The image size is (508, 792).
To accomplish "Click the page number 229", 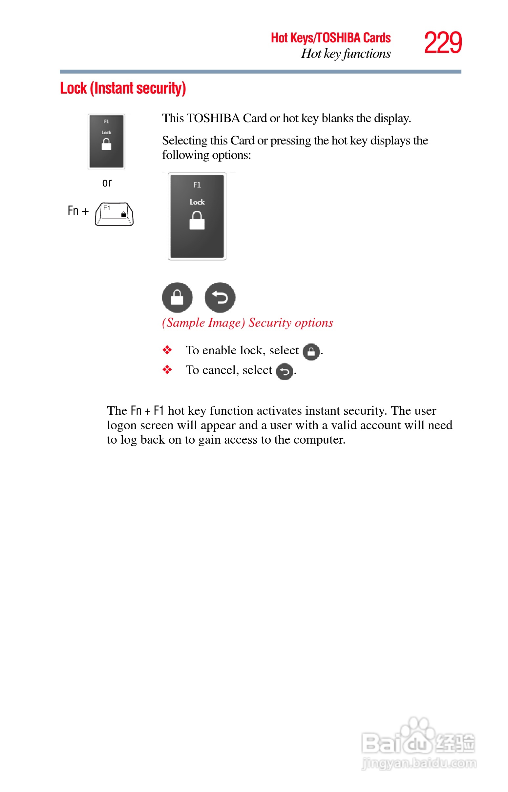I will coord(443,43).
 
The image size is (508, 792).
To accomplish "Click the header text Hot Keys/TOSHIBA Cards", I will coord(330,38).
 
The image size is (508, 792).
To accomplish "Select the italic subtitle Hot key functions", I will coord(346,54).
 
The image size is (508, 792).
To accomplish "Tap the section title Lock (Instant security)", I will coord(123,88).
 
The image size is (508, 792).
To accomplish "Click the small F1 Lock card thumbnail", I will coord(106,142).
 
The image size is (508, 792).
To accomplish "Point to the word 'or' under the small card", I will coord(107,183).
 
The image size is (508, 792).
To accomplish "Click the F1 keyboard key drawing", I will coord(114,214).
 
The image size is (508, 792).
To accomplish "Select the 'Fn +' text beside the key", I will coord(78,210).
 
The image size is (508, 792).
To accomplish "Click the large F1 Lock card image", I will coord(197,216).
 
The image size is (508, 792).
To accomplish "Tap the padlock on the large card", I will coord(197,220).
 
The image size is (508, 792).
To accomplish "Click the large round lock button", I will coord(177,297).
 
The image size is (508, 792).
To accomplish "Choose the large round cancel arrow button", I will coord(220,297).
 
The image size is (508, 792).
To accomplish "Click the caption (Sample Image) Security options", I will coord(247,323).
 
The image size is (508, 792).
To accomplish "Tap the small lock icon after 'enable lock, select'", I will coord(311,352).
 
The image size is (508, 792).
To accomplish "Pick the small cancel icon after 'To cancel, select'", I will coord(284,372).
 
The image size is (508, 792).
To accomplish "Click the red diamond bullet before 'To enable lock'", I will coord(167,350).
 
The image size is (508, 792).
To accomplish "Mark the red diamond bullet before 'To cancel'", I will coord(167,370).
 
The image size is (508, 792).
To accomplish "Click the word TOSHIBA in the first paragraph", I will coord(213,118).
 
